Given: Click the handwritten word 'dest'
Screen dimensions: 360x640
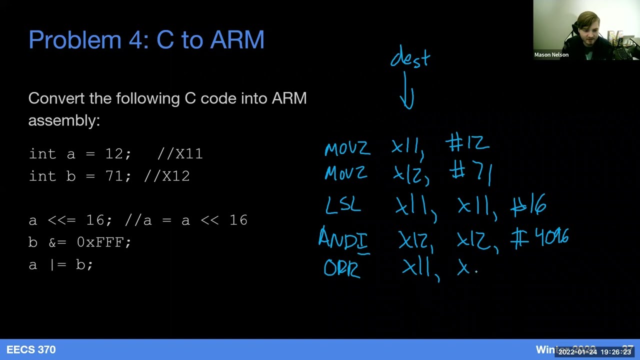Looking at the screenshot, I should (x=410, y=56).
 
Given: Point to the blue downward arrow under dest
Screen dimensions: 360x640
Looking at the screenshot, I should (x=407, y=90).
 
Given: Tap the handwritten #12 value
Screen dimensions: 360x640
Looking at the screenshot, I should (x=467, y=144).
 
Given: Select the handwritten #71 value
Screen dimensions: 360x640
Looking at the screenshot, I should (x=471, y=173).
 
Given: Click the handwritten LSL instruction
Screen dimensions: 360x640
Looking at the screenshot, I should (x=343, y=204).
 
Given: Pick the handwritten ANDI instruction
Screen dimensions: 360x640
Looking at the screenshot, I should (x=343, y=238).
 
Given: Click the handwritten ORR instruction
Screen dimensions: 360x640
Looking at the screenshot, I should (x=341, y=269).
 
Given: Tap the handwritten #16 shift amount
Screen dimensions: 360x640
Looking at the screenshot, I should (x=528, y=205).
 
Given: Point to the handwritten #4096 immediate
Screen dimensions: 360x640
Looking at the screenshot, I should (x=540, y=237).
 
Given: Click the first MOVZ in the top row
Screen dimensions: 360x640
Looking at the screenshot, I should (x=347, y=148).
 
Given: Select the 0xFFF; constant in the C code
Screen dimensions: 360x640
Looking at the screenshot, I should (x=104, y=242).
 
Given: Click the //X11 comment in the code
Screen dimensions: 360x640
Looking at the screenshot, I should (x=180, y=153).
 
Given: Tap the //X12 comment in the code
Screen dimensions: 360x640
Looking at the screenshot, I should (x=166, y=176).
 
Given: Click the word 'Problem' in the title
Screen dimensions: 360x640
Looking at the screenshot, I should (x=75, y=40).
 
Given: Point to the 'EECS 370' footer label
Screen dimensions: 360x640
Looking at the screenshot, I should (x=31, y=350).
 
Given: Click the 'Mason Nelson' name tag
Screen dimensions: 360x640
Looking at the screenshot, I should (x=551, y=55).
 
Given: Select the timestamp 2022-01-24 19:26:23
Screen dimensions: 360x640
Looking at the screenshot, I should (x=594, y=352).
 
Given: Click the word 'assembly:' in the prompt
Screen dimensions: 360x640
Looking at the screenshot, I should (x=64, y=120).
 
